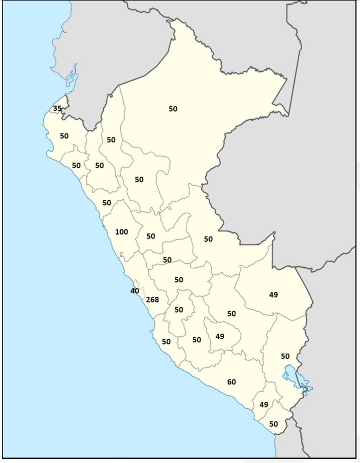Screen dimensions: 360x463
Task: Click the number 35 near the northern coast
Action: click(57, 109)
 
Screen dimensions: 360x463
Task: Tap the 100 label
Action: click(122, 232)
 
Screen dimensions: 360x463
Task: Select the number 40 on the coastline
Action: click(135, 291)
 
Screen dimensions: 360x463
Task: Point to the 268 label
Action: click(152, 300)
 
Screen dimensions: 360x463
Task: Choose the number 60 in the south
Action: click(231, 382)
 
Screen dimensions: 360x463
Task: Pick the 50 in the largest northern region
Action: click(173, 109)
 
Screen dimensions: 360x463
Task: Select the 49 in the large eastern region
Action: click(274, 295)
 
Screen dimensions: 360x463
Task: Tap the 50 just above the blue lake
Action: click(285, 356)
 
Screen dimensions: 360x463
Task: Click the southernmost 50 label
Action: click(274, 424)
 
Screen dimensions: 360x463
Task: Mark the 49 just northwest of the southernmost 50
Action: click(264, 405)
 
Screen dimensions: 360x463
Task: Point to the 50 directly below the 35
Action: click(64, 136)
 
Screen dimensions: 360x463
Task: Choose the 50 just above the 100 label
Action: click(107, 203)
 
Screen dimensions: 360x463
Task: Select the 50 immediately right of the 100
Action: click(151, 236)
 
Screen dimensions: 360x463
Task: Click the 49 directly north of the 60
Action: click(220, 336)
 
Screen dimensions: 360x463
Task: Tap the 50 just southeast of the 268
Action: click(179, 310)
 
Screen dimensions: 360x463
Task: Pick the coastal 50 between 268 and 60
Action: click(166, 342)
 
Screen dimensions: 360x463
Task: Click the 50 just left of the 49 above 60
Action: click(197, 340)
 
